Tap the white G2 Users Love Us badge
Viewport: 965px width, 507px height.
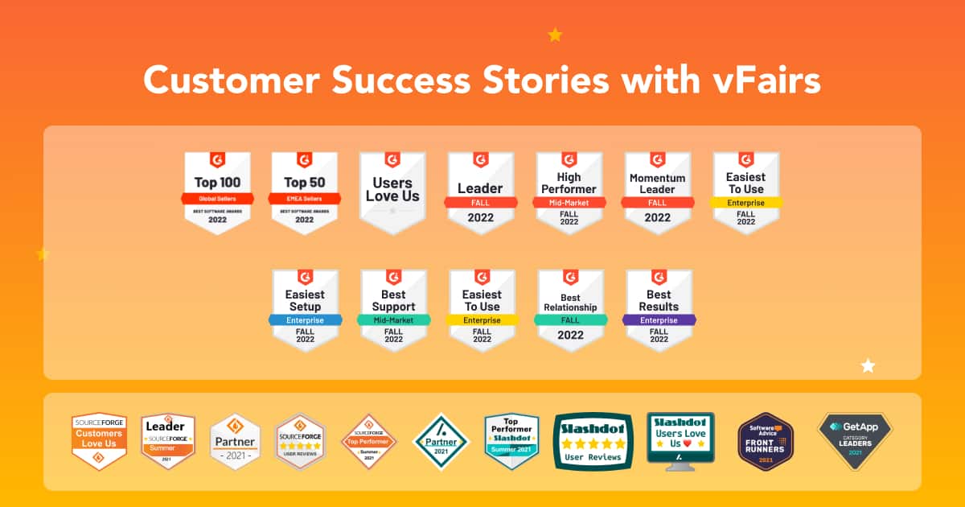click(x=392, y=192)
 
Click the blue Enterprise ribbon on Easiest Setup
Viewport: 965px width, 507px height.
click(x=305, y=319)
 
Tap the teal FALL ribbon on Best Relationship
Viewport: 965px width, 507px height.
click(x=570, y=319)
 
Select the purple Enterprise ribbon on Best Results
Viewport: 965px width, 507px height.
click(x=659, y=319)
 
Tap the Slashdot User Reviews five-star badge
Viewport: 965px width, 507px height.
click(x=593, y=441)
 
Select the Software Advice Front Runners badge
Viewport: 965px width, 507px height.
click(x=766, y=441)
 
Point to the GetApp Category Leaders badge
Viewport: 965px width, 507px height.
click(x=855, y=439)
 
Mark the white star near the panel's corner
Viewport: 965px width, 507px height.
click(x=868, y=366)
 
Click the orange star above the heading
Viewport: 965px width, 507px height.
click(x=555, y=35)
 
